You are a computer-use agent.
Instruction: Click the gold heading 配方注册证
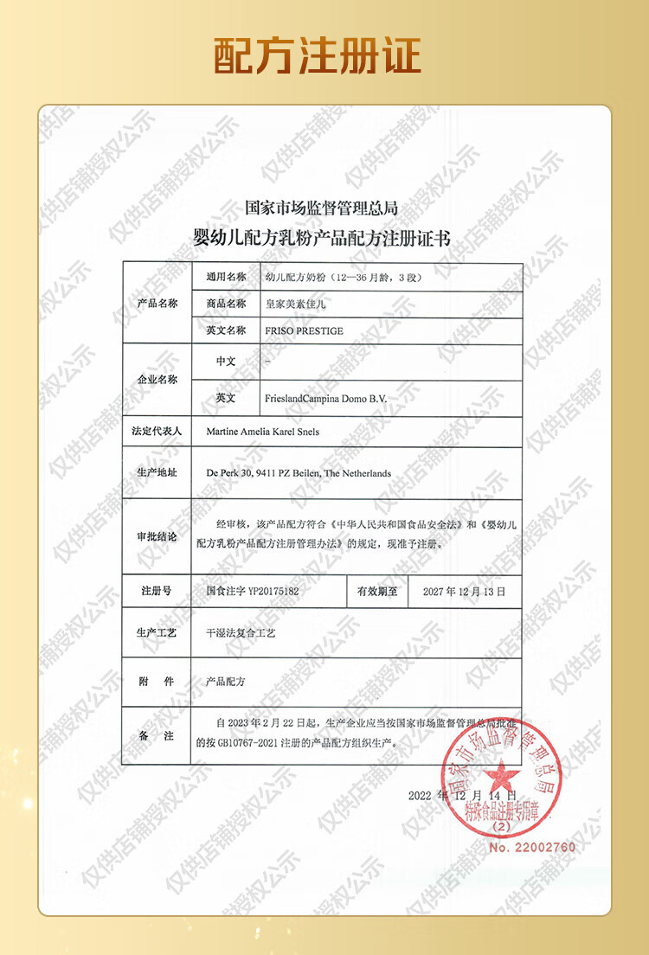[x=318, y=55]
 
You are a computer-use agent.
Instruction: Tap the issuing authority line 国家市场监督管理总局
[x=321, y=208]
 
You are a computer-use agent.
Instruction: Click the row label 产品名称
[x=157, y=304]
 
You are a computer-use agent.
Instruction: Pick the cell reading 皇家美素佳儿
[x=294, y=304]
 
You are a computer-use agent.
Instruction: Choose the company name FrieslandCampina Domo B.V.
[x=324, y=398]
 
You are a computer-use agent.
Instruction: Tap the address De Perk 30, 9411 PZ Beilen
[x=299, y=473]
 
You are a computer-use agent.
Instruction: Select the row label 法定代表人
[x=157, y=430]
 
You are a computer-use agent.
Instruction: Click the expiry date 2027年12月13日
[x=458, y=593]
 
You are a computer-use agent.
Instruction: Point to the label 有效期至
[x=376, y=593]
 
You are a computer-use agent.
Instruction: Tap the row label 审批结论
[x=157, y=536]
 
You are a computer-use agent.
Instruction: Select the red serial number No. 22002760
[x=531, y=847]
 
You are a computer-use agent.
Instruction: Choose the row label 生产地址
[x=157, y=473]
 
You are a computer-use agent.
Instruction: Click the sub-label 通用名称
[x=226, y=278]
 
